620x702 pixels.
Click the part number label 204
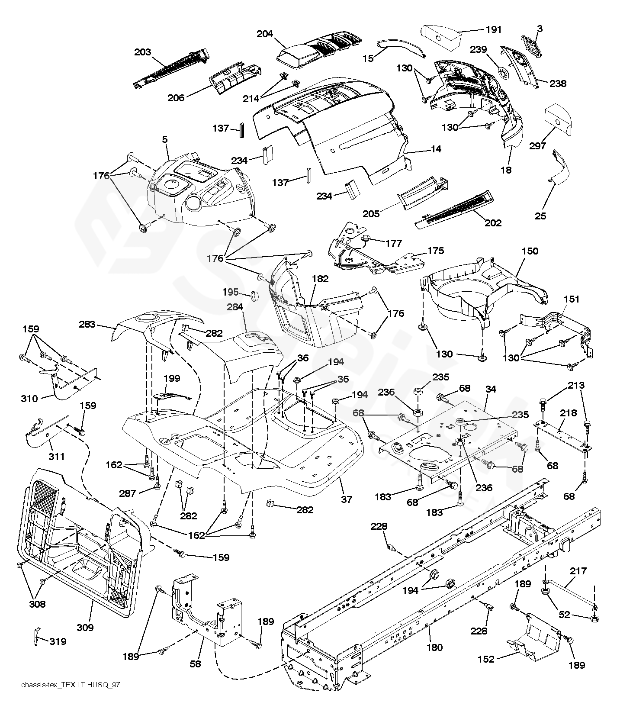265,34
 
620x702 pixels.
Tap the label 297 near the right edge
538,146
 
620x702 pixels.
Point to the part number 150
530,251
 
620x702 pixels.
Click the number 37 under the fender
347,499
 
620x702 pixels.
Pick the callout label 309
85,627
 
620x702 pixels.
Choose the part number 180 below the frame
434,647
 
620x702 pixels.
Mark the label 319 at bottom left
58,641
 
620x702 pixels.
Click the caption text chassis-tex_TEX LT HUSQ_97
71,685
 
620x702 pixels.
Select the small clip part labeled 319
37,636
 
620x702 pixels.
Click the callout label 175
436,251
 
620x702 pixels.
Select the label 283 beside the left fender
87,324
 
